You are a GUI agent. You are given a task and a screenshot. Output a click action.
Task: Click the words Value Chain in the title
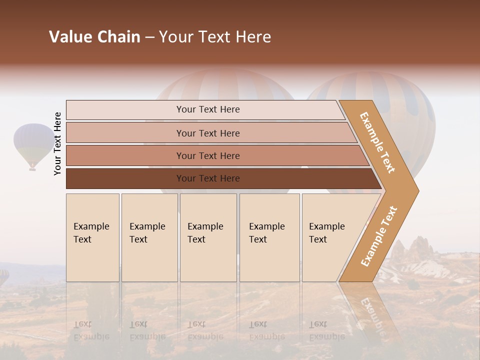point(94,37)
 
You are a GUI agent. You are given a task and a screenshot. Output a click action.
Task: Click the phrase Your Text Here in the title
point(215,37)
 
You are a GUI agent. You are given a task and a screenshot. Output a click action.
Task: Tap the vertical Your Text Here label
point(57,143)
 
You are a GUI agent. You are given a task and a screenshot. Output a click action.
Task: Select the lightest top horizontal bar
point(207,109)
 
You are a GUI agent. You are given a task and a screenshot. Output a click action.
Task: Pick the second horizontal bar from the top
point(207,133)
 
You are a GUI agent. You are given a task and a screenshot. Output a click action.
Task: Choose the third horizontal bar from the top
point(207,155)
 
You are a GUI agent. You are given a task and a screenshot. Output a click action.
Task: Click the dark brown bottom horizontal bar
point(207,178)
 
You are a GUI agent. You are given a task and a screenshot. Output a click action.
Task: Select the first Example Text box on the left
point(92,237)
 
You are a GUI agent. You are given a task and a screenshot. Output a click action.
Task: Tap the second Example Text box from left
point(149,237)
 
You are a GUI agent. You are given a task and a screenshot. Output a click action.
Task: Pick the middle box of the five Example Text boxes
point(208,237)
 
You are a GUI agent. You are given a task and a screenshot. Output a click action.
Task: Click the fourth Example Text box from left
point(269,237)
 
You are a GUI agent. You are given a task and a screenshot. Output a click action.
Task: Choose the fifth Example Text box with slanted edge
point(330,237)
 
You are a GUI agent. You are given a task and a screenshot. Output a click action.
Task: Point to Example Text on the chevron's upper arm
point(377,142)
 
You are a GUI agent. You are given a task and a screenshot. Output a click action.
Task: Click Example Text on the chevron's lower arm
point(379,236)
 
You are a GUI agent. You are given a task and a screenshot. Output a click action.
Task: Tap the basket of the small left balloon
point(32,168)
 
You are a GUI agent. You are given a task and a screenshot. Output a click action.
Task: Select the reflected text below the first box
point(91,330)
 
